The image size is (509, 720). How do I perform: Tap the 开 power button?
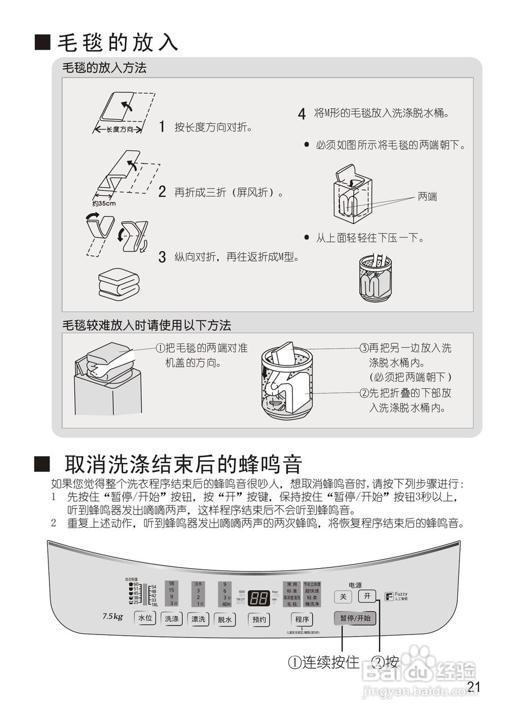367,596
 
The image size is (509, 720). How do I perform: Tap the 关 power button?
343,596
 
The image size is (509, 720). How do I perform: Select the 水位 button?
145,619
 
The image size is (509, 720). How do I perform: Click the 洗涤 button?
172,619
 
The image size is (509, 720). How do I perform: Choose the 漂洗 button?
198,619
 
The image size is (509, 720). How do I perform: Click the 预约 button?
259,619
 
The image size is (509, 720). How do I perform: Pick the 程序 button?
302,619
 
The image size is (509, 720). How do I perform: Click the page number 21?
474,687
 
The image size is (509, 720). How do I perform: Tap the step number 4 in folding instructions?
302,114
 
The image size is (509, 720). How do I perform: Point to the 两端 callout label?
427,197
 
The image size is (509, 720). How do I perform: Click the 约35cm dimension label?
103,203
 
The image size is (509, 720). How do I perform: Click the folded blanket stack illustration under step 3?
118,283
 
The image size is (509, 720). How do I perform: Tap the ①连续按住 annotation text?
323,662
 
